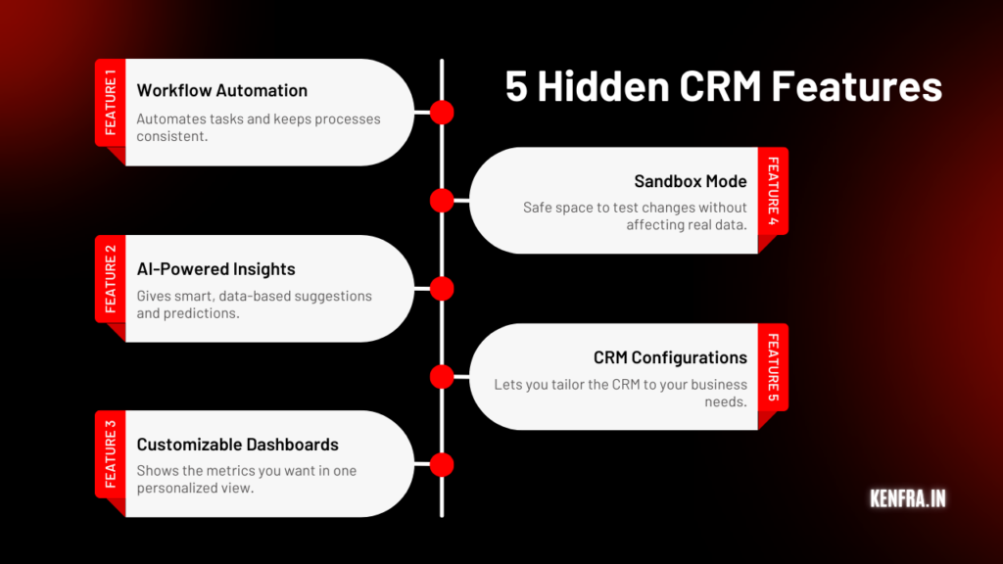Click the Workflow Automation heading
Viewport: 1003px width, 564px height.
pyautogui.click(x=221, y=90)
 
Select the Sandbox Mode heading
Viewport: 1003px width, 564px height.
pyautogui.click(x=690, y=181)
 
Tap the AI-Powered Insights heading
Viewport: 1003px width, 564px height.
pyautogui.click(x=215, y=268)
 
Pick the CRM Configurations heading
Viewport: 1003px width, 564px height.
pyautogui.click(x=670, y=357)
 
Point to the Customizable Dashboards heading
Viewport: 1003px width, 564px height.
pyautogui.click(x=238, y=445)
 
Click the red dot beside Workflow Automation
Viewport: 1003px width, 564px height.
pyautogui.click(x=442, y=112)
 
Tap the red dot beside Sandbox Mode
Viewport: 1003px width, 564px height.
pyautogui.click(x=442, y=201)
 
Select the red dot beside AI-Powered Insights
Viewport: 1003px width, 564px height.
pyautogui.click(x=442, y=288)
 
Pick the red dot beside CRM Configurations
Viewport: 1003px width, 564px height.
pyautogui.click(x=442, y=377)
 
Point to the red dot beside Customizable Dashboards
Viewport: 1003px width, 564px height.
pyautogui.click(x=442, y=464)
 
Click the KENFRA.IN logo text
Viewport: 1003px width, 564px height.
pyautogui.click(x=907, y=498)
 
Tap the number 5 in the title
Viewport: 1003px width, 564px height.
pyautogui.click(x=516, y=88)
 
